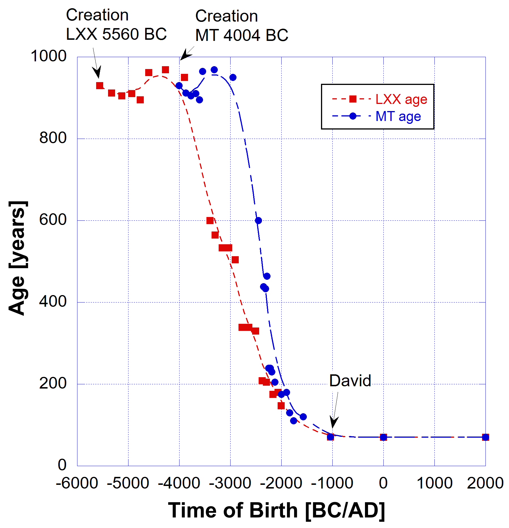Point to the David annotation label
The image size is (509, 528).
click(350, 381)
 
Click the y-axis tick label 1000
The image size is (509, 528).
click(48, 56)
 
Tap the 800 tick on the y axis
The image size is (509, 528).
click(53, 138)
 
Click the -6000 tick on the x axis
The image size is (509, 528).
click(77, 483)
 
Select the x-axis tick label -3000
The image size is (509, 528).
click(230, 483)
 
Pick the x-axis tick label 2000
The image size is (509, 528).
click(485, 483)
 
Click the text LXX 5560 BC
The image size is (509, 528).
click(116, 34)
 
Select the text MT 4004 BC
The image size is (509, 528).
click(242, 35)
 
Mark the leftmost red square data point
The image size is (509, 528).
click(100, 85)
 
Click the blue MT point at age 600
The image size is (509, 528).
click(258, 220)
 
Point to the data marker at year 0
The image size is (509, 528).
click(383, 437)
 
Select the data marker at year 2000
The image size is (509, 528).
click(485, 437)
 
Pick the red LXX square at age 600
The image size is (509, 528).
click(210, 221)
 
